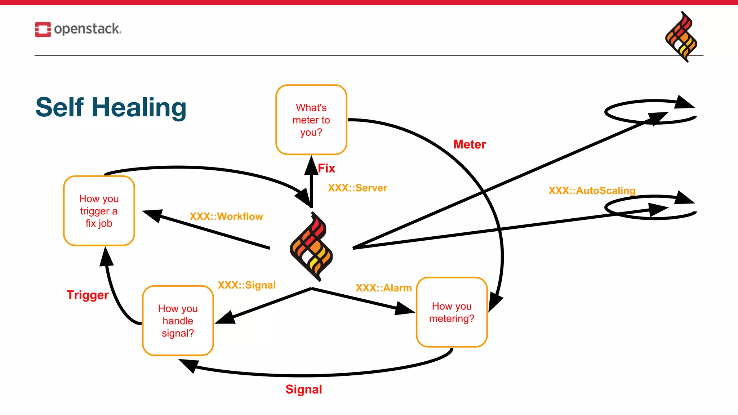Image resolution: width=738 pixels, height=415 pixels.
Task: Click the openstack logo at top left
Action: pos(78,29)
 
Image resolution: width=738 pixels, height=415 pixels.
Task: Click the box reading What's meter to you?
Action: pos(311,120)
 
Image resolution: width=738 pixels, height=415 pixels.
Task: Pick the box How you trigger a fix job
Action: pos(99,211)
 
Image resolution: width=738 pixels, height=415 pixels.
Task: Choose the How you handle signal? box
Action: pos(178,321)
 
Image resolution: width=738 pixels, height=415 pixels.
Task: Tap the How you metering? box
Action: pos(452,312)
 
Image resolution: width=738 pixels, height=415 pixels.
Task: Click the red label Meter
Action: pos(469,144)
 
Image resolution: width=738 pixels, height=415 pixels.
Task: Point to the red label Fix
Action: pos(326,168)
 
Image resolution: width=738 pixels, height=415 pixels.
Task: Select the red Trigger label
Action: pos(88,295)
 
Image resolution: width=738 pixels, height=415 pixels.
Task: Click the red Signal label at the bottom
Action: pos(303,389)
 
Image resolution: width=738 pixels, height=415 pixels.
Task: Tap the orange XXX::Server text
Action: pos(357,188)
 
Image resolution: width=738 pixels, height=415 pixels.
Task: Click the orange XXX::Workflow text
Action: pos(226,217)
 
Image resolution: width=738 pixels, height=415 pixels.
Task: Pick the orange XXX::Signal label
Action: pos(246,285)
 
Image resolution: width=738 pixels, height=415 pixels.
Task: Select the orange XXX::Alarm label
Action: pos(383,288)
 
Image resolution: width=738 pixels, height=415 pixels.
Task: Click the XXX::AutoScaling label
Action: pos(592,191)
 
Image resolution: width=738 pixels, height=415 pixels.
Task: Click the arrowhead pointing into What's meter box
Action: pos(311,165)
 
